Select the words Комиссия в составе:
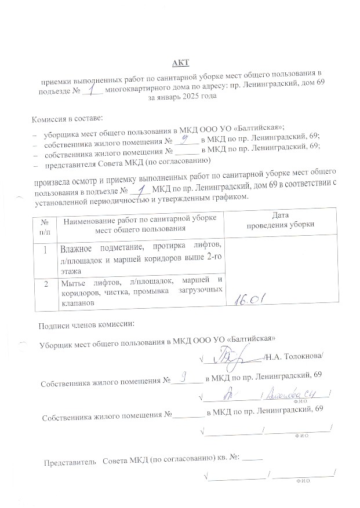point(67,119)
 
